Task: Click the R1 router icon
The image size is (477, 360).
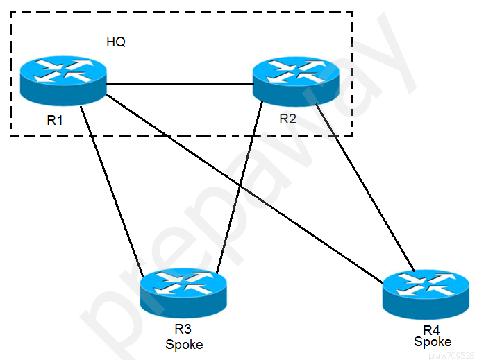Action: [x=63, y=81]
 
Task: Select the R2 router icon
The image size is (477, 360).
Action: [x=296, y=81]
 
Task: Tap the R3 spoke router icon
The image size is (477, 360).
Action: [x=183, y=293]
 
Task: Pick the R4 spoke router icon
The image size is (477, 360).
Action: [x=426, y=294]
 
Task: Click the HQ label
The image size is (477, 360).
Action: [x=116, y=42]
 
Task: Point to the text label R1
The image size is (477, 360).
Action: [x=55, y=120]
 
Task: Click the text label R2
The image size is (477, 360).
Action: [x=287, y=119]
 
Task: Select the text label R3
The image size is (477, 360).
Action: [x=183, y=329]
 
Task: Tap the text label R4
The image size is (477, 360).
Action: [x=431, y=330]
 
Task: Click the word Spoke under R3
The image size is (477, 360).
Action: [x=184, y=345]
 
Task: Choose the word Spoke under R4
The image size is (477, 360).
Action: [x=433, y=342]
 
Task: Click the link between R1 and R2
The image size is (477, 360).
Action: [x=180, y=84]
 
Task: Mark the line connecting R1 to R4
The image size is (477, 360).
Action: [x=244, y=189]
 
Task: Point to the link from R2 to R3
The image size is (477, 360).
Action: [x=240, y=187]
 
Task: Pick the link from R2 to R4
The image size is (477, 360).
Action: [x=365, y=187]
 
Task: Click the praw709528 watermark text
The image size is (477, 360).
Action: [x=452, y=355]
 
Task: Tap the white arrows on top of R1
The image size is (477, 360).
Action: [x=63, y=71]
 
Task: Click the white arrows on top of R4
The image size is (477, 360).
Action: [x=426, y=284]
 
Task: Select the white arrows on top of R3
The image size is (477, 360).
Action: [x=183, y=283]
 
